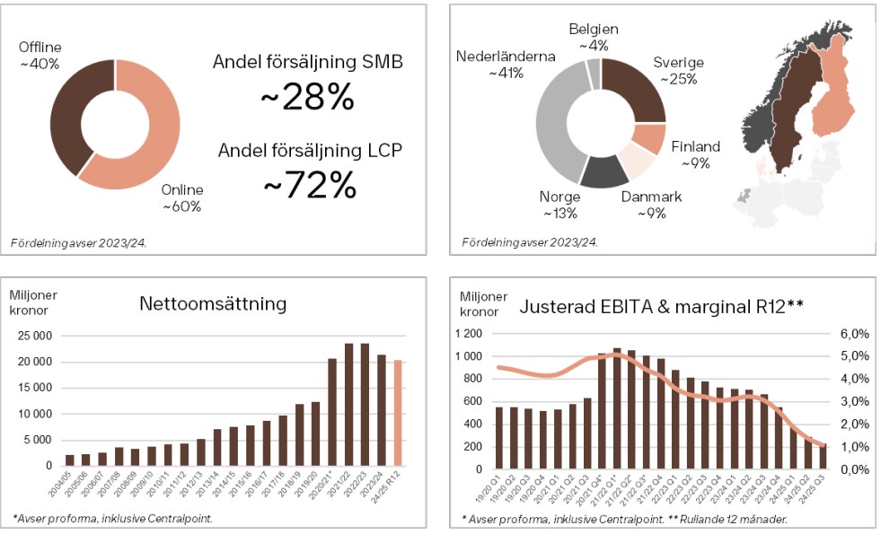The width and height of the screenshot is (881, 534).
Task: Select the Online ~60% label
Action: tap(182, 197)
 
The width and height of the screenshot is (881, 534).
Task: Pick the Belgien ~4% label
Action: tap(594, 37)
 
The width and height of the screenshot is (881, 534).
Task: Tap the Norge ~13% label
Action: tap(559, 205)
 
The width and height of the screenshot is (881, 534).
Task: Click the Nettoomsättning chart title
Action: tap(213, 303)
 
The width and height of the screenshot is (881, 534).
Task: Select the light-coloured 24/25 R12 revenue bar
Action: tap(399, 413)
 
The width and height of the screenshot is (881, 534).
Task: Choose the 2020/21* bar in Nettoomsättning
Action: tap(331, 412)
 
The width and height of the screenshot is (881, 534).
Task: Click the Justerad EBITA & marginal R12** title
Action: tap(661, 307)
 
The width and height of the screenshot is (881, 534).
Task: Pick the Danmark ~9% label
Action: tap(651, 205)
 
